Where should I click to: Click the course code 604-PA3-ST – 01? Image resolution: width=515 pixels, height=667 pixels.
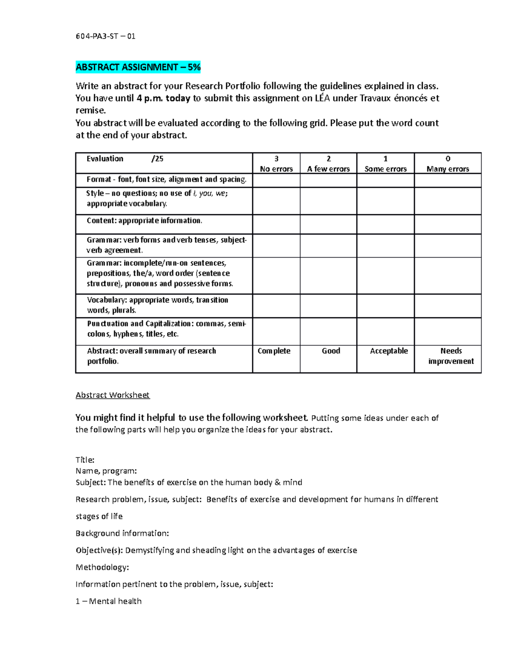tap(105, 36)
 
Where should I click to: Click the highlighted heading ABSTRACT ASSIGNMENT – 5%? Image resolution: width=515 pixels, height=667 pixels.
tap(138, 67)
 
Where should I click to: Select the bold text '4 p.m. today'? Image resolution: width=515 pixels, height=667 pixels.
tap(163, 98)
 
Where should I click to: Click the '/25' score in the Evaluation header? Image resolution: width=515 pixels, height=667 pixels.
tap(158, 159)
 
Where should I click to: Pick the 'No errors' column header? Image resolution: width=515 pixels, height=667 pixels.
tap(276, 164)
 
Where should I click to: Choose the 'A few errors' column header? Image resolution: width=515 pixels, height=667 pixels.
tap(328, 164)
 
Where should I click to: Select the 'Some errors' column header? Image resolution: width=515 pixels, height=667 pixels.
tap(385, 164)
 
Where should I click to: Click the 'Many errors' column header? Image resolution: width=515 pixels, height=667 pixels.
tap(448, 164)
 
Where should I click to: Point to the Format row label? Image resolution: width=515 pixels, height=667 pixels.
tap(167, 180)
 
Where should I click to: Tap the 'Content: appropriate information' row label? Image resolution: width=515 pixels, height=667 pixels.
tap(144, 221)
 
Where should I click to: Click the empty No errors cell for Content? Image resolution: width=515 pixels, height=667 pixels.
tap(276, 224)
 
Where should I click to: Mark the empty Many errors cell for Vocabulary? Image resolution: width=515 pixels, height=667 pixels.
tap(448, 305)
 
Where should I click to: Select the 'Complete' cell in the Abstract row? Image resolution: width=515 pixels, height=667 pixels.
tap(274, 351)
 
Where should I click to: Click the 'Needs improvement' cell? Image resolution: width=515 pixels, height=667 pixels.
tap(451, 356)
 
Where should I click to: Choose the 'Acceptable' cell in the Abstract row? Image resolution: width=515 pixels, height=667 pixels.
tap(388, 351)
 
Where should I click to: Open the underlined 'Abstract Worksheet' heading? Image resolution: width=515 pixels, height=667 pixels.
tap(112, 395)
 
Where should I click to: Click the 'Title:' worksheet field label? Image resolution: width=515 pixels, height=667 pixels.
tap(85, 460)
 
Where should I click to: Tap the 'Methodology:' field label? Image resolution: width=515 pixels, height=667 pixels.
tap(102, 567)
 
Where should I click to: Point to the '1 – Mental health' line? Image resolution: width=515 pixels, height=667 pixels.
tap(109, 601)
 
